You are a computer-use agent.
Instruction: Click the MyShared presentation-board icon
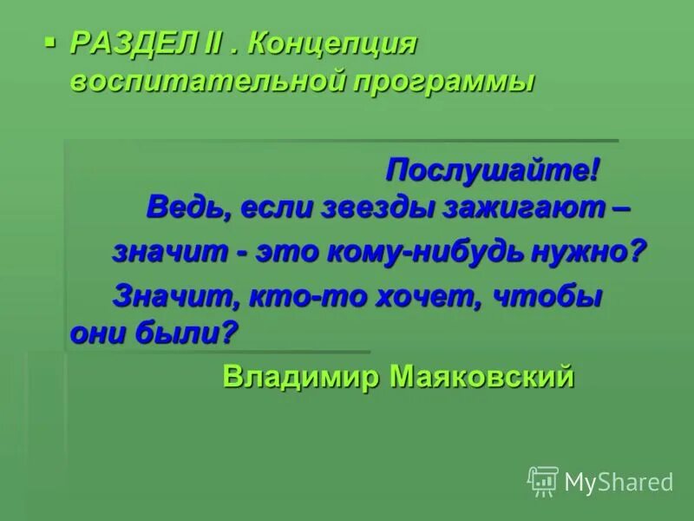[543, 481]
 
